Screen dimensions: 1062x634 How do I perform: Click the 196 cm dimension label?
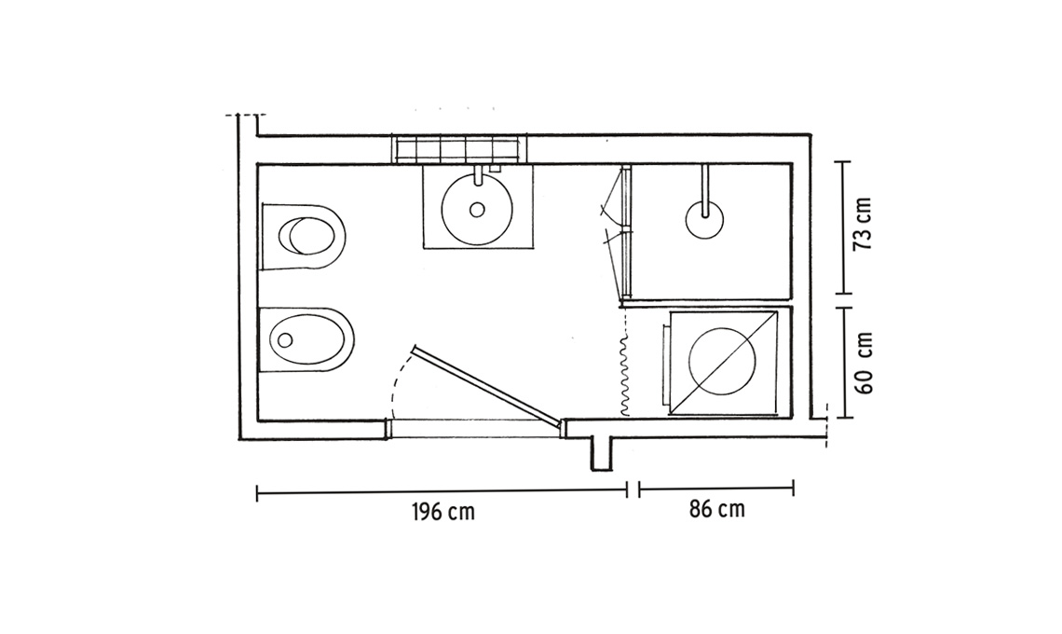pos(443,512)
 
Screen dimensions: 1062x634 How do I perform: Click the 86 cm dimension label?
pos(717,508)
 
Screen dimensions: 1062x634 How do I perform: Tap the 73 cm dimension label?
pos(864,225)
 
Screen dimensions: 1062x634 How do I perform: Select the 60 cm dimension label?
pos(865,363)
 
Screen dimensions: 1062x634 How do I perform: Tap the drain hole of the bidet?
pos(285,339)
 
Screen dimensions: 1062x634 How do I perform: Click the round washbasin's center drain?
pos(477,210)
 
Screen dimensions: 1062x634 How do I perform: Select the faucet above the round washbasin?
pos(479,175)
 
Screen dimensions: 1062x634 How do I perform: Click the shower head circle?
pos(704,220)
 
